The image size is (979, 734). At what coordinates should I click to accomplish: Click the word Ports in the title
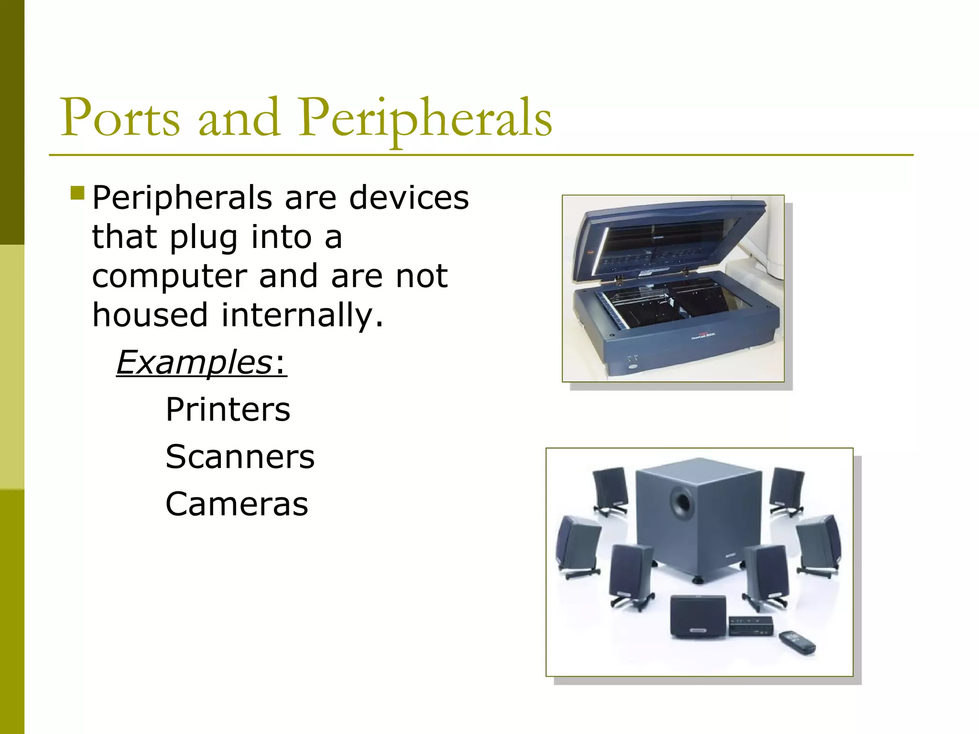pyautogui.click(x=120, y=118)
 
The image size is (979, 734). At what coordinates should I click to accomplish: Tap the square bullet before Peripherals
pyautogui.click(x=77, y=193)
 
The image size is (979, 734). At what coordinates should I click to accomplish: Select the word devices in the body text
pyautogui.click(x=409, y=198)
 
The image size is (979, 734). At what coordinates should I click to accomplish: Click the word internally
pyautogui.click(x=302, y=315)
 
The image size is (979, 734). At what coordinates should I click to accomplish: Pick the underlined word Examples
pyautogui.click(x=194, y=363)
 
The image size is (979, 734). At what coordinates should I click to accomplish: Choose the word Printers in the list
pyautogui.click(x=228, y=410)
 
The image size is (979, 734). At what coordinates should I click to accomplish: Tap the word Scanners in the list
pyautogui.click(x=240, y=457)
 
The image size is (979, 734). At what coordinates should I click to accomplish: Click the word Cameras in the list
pyautogui.click(x=237, y=504)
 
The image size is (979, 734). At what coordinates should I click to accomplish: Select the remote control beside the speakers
pyautogui.click(x=797, y=643)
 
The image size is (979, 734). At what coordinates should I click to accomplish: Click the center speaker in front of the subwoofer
pyautogui.click(x=698, y=616)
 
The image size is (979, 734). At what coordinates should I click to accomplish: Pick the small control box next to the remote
pyautogui.click(x=751, y=626)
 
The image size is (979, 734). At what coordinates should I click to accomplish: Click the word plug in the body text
pyautogui.click(x=204, y=238)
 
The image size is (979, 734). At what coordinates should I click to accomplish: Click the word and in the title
pyautogui.click(x=239, y=118)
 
